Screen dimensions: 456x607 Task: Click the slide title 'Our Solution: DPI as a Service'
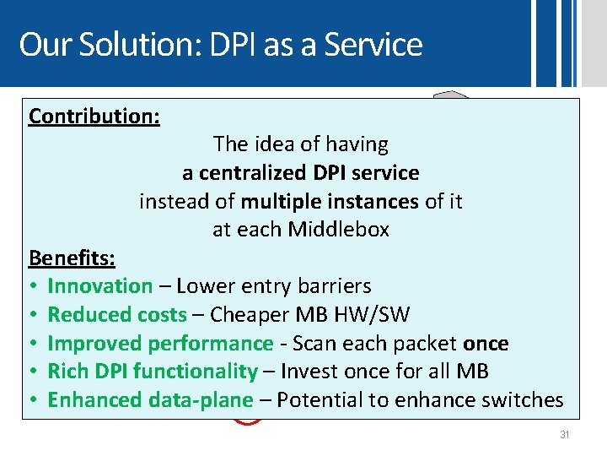coord(220,44)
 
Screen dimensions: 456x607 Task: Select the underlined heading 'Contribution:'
coord(94,117)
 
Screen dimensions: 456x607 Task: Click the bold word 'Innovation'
coord(100,286)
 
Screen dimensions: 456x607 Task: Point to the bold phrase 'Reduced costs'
coord(117,315)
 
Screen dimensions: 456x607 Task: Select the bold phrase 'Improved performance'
coord(160,343)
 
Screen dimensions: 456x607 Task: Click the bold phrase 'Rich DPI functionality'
coord(153,372)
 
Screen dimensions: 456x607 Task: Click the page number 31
coord(564,435)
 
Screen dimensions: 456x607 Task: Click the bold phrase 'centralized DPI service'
coord(309,173)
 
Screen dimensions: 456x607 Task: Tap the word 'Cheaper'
coord(249,315)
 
